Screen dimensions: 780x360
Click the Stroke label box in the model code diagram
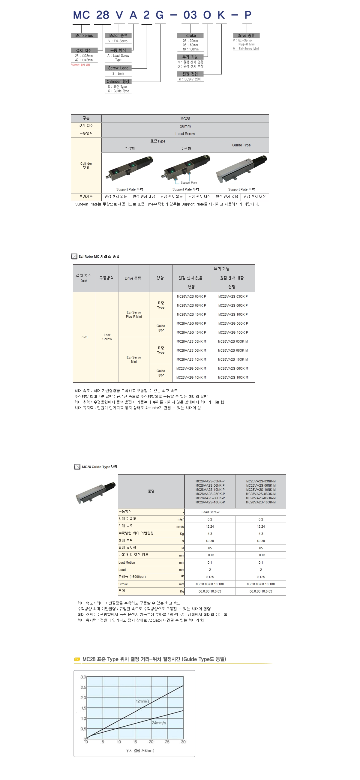(190, 35)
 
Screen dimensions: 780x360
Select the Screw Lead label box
(118, 68)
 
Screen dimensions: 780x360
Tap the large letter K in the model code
(221, 15)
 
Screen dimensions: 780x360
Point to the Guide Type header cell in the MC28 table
(241, 145)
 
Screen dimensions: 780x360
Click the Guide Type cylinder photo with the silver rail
(241, 169)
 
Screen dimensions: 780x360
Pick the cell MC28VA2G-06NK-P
(191, 323)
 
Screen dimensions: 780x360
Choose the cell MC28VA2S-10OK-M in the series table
(233, 359)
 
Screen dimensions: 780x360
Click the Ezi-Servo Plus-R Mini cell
(134, 314)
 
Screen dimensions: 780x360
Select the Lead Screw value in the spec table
(210, 512)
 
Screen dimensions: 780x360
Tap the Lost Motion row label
(127, 562)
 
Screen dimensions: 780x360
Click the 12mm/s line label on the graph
(142, 701)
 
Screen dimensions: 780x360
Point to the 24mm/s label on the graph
(159, 723)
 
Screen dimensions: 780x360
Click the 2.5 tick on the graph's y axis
(83, 687)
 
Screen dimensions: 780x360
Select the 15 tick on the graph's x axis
(135, 742)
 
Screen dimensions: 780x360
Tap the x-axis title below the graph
(140, 751)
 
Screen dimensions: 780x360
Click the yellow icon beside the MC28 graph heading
(77, 659)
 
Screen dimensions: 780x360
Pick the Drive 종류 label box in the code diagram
(246, 35)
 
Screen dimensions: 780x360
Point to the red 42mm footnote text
(80, 65)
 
